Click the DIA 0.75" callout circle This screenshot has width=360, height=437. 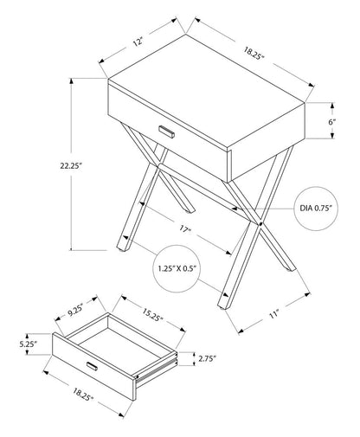(x=318, y=209)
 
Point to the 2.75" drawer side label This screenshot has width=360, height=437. (x=204, y=357)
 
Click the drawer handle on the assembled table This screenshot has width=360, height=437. (x=166, y=132)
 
